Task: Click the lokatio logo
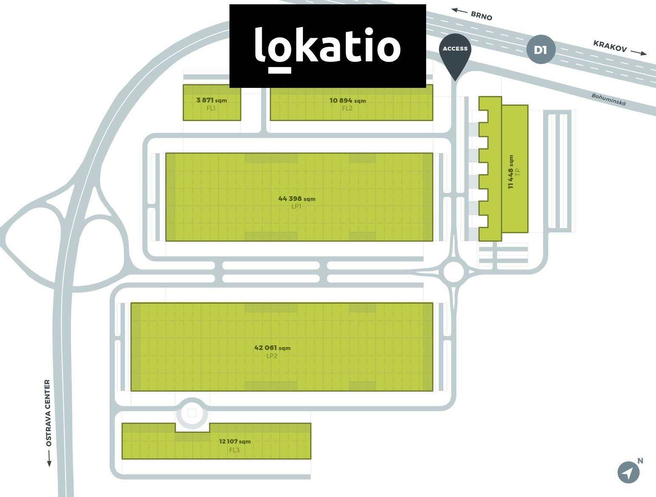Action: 328,46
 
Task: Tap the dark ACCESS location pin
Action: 455,53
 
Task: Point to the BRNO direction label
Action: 481,16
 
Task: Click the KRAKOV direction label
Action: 610,46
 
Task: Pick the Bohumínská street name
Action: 608,100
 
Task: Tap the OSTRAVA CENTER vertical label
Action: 48,412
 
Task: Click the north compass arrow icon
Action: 628,472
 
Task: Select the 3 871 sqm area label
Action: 211,100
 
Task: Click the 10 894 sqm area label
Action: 348,101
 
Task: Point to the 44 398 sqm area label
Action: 297,198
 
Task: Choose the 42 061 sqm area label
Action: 272,347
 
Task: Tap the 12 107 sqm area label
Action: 235,441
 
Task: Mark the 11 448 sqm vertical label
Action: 511,172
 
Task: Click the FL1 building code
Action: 211,108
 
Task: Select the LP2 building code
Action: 272,356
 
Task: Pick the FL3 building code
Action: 235,450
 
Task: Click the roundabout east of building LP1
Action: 454,272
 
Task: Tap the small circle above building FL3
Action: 192,413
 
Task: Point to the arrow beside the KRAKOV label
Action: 639,52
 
